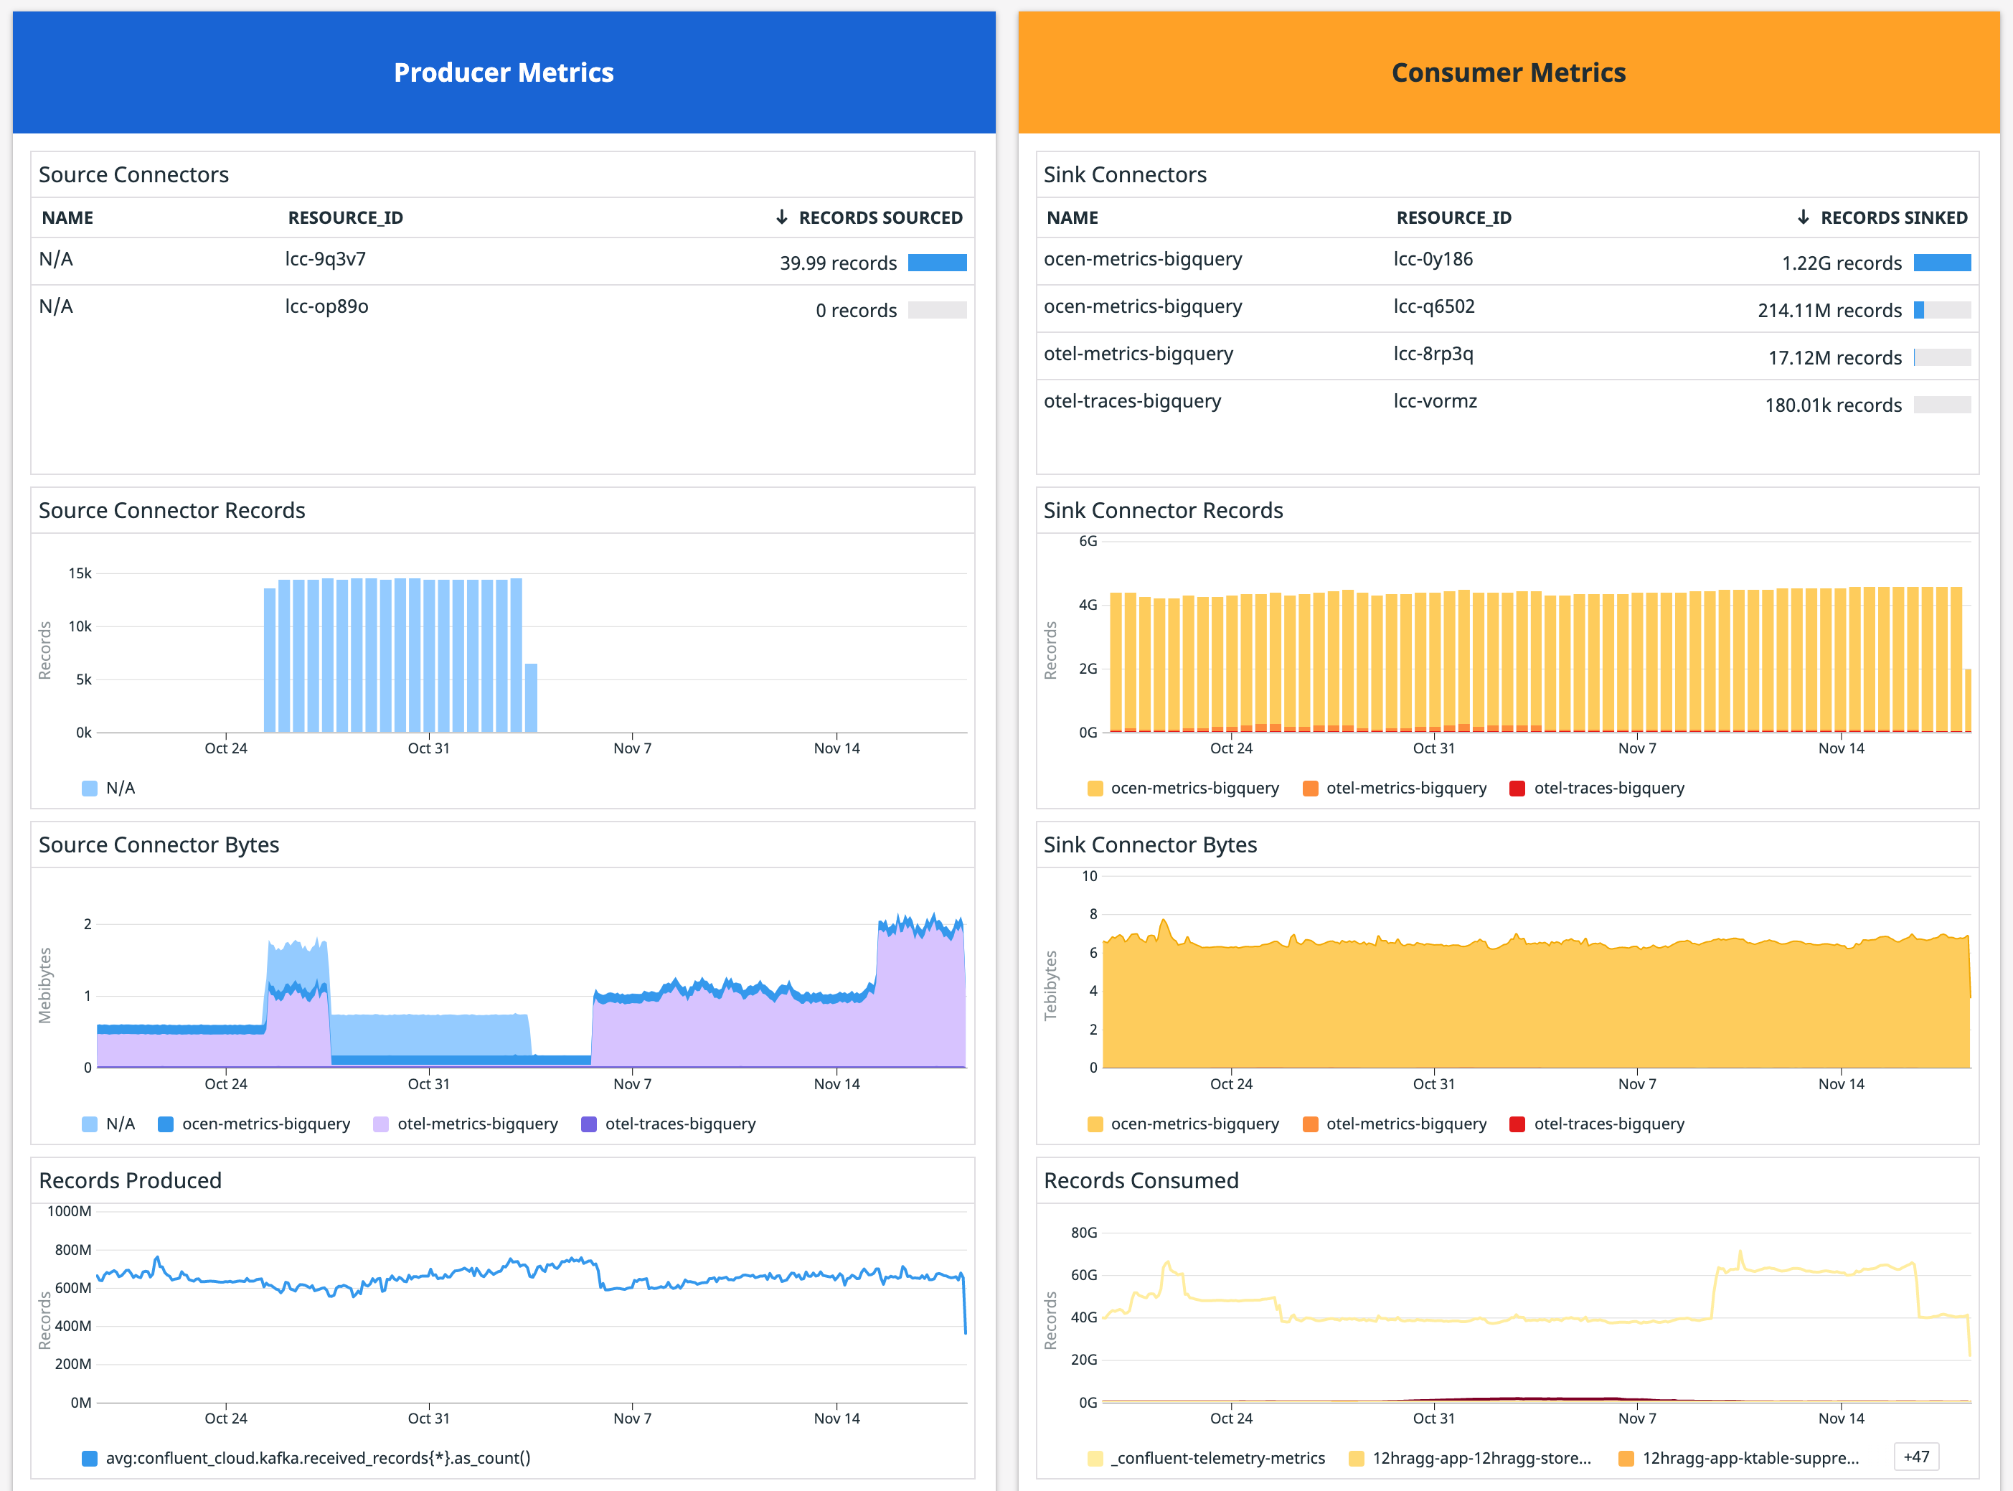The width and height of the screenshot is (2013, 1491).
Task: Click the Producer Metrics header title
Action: tap(504, 72)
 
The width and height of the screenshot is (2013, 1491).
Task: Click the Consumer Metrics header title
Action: tap(1508, 72)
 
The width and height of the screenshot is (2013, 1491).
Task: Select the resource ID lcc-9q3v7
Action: tap(325, 259)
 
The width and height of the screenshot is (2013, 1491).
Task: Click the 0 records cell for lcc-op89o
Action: tap(855, 311)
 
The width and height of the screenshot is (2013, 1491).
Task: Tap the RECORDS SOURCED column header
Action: tap(880, 217)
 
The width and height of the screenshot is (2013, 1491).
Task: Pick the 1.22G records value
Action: tap(1841, 263)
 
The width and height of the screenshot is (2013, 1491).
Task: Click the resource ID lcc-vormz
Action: tap(1435, 400)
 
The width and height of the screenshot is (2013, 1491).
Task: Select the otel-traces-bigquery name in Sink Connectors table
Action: tap(1131, 400)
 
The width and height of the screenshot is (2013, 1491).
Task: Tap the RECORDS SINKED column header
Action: tap(1893, 217)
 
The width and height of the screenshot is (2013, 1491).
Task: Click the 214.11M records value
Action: tap(1829, 311)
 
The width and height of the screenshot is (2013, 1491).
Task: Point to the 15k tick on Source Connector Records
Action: tap(80, 573)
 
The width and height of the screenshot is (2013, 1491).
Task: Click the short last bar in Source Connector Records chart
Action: tap(532, 697)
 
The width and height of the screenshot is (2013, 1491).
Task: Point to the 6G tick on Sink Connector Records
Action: tap(1088, 540)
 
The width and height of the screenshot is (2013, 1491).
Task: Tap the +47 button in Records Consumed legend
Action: tap(1915, 1457)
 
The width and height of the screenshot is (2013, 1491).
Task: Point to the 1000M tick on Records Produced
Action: tap(70, 1211)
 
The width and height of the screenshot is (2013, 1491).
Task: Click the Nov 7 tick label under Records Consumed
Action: tap(1637, 1418)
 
